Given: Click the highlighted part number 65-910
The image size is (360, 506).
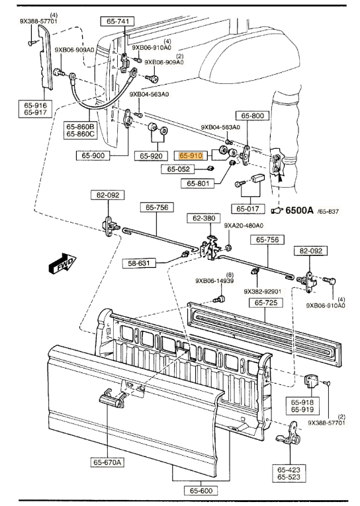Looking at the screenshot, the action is (x=191, y=156).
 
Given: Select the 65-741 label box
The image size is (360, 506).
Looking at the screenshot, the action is (x=118, y=21).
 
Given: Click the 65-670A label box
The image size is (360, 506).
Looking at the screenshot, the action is (x=107, y=462).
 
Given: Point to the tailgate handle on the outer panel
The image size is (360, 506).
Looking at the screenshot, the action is (x=112, y=400).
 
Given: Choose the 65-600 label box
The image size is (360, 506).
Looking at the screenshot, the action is (x=201, y=491).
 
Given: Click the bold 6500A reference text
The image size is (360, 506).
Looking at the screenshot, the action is (x=299, y=210).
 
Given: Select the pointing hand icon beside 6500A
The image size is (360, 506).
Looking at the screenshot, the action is (x=277, y=211).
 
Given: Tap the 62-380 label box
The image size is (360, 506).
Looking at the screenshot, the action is (x=204, y=218).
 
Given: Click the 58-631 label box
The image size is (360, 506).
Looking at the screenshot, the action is (x=139, y=263).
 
